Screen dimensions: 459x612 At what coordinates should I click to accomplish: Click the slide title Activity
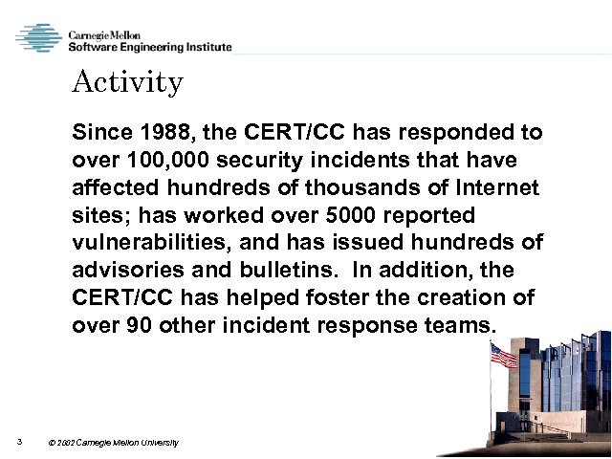pyautogui.click(x=127, y=83)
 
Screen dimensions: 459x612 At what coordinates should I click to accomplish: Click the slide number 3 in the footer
pyautogui.click(x=18, y=442)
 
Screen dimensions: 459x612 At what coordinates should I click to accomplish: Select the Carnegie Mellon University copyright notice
pyautogui.click(x=112, y=444)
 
